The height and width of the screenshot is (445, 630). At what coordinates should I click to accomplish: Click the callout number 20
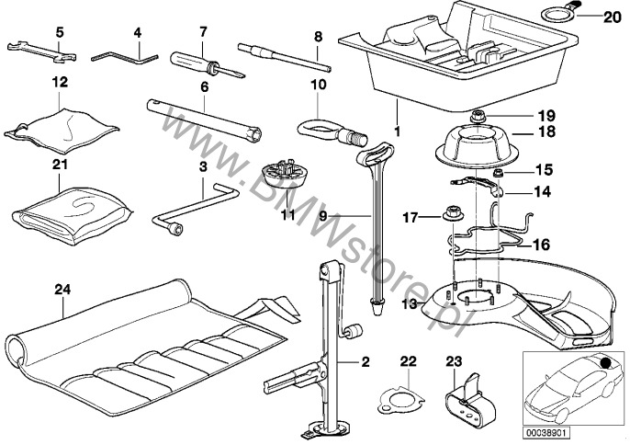(x=613, y=17)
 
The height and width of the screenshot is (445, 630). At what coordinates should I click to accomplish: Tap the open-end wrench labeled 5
(x=42, y=51)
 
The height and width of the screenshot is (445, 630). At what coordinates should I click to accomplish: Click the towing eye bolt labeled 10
(x=331, y=131)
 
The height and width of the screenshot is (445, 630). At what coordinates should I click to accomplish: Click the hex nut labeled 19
(x=478, y=117)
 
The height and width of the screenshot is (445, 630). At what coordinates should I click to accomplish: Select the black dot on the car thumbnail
(x=604, y=363)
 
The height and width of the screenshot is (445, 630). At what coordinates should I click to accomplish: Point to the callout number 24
(x=62, y=290)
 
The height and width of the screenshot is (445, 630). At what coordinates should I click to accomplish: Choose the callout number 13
(x=410, y=304)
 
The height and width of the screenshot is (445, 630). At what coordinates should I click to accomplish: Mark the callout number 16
(x=541, y=245)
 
